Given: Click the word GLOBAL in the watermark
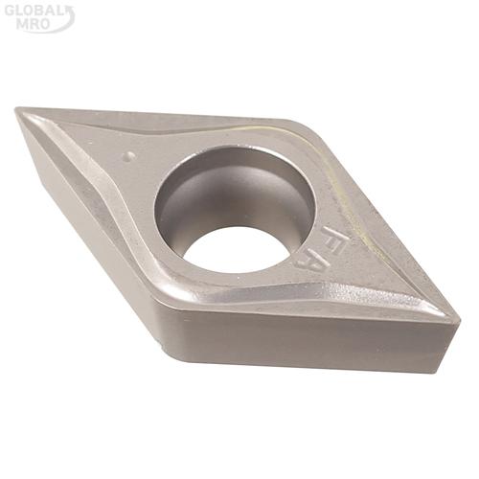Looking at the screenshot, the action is (x=34, y=11).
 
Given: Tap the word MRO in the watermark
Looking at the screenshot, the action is (x=33, y=25).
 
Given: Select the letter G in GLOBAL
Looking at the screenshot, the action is (x=11, y=11).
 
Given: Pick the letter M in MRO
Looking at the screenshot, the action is (x=22, y=25).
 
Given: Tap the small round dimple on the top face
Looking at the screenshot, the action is (x=129, y=156).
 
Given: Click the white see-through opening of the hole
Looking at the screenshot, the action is (x=237, y=249).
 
